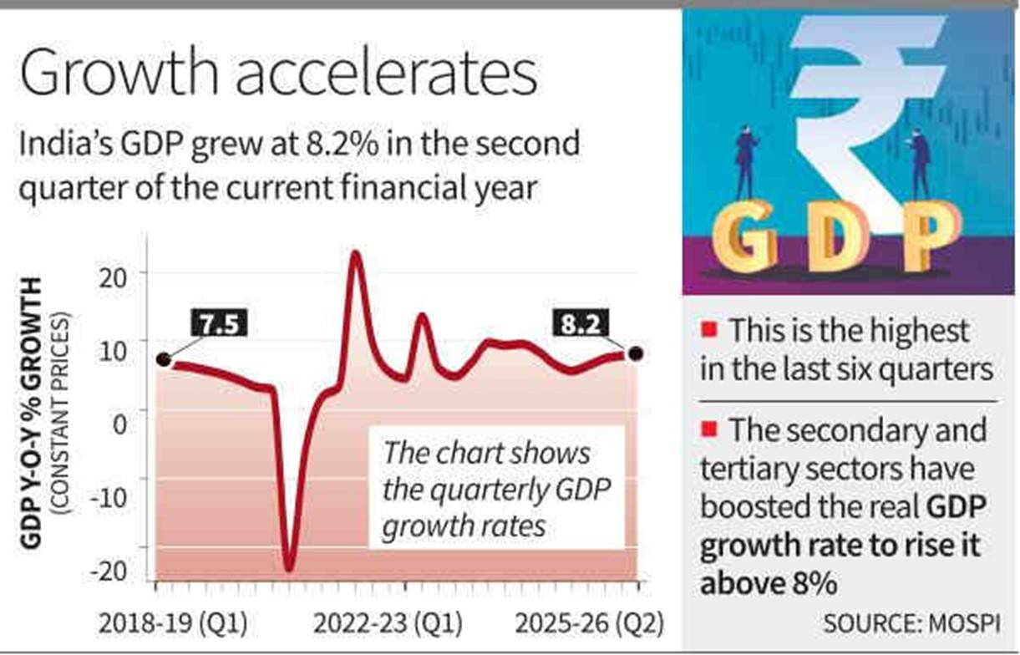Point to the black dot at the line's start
[x=164, y=360]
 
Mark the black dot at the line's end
[x=636, y=353]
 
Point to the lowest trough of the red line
[x=289, y=568]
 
